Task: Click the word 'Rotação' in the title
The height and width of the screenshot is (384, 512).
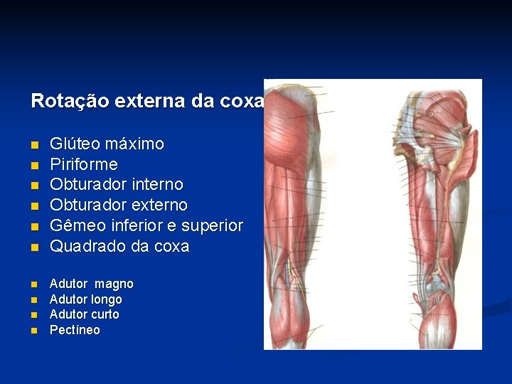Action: pos(59,101)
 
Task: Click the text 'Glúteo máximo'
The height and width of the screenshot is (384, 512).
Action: pos(107,144)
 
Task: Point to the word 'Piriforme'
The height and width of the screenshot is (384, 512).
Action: pos(83,164)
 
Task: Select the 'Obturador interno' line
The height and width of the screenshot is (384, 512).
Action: pos(116,185)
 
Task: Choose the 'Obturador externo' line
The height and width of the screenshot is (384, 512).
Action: pos(118,206)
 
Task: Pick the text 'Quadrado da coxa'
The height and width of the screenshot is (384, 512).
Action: pos(119,247)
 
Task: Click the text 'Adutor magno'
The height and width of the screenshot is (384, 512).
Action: pos(91,284)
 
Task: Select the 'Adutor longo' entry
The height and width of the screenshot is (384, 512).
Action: pos(85,299)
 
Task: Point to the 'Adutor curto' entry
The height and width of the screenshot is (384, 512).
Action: pos(84,314)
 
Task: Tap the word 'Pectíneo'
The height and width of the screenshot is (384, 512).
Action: pos(75,330)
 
